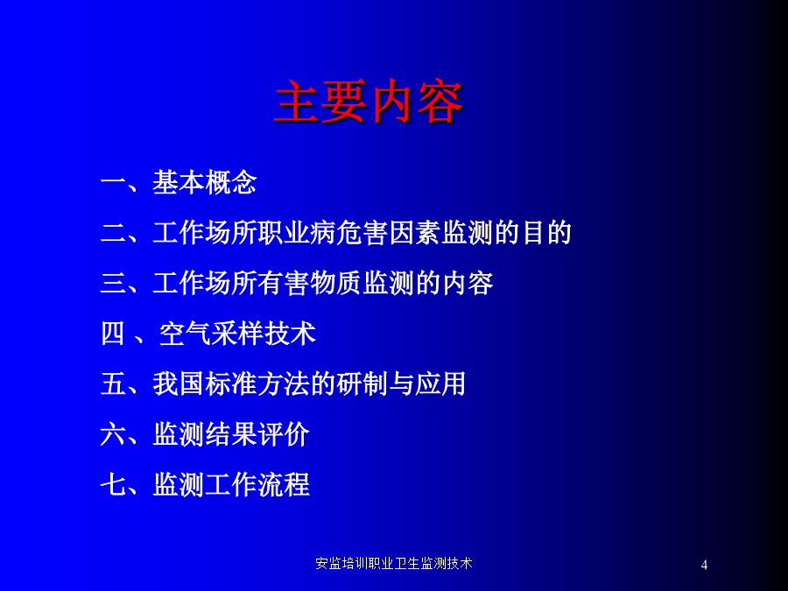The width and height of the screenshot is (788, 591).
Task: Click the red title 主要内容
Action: coord(369,102)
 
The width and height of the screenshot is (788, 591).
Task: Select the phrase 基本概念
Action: coord(205,182)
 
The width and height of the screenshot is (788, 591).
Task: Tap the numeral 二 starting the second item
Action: coord(113,233)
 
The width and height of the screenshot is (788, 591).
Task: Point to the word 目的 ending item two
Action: coord(546,233)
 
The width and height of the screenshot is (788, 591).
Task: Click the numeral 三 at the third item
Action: coord(113,283)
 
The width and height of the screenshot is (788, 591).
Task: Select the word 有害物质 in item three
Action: coord(310,283)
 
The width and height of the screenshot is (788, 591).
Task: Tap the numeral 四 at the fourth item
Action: coord(113,334)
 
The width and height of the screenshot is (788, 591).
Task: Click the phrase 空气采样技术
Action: coord(237,334)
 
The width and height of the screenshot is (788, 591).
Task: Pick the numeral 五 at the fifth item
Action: coord(113,384)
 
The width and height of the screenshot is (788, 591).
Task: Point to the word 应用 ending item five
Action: coord(440,384)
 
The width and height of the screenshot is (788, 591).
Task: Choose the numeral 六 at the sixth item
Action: coord(113,434)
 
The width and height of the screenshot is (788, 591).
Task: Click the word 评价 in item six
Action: coord(284,434)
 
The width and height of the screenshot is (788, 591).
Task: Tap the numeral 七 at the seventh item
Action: coord(113,484)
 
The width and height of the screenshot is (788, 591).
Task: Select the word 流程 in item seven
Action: coord(284,484)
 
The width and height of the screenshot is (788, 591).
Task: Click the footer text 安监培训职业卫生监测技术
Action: coord(394,563)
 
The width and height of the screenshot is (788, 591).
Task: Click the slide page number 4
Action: coord(704,565)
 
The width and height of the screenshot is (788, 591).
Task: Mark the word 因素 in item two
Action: coord(415,233)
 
